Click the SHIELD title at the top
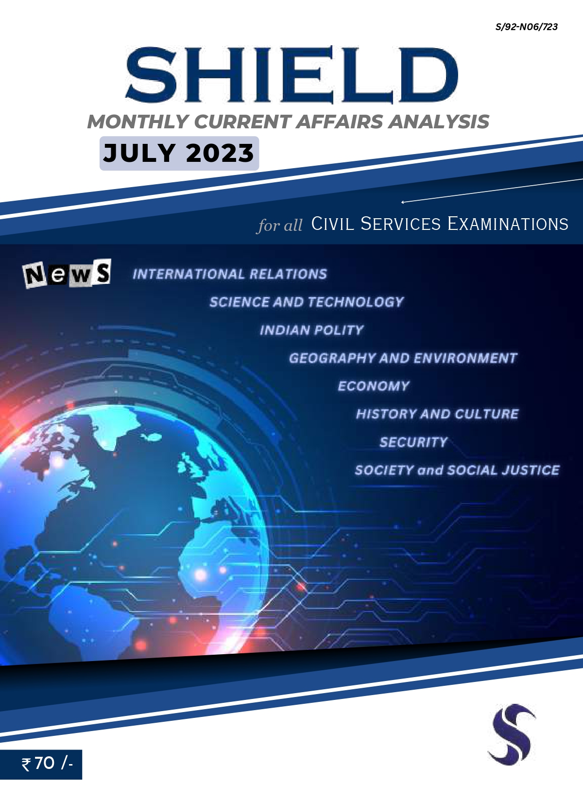point(291,75)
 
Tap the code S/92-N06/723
point(527,27)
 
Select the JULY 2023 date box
point(179,153)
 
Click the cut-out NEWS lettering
point(67,274)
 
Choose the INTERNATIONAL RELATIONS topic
point(230,274)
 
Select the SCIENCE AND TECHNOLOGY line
point(307,302)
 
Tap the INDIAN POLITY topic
point(312,330)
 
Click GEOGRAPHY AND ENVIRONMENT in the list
point(403,358)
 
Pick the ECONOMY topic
point(374,386)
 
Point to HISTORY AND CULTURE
point(437,414)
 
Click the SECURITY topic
point(413,442)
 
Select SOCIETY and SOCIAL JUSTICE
point(457,470)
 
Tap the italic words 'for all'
point(280,226)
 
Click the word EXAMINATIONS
point(508,224)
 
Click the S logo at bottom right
point(512,734)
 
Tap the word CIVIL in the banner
point(332,224)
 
